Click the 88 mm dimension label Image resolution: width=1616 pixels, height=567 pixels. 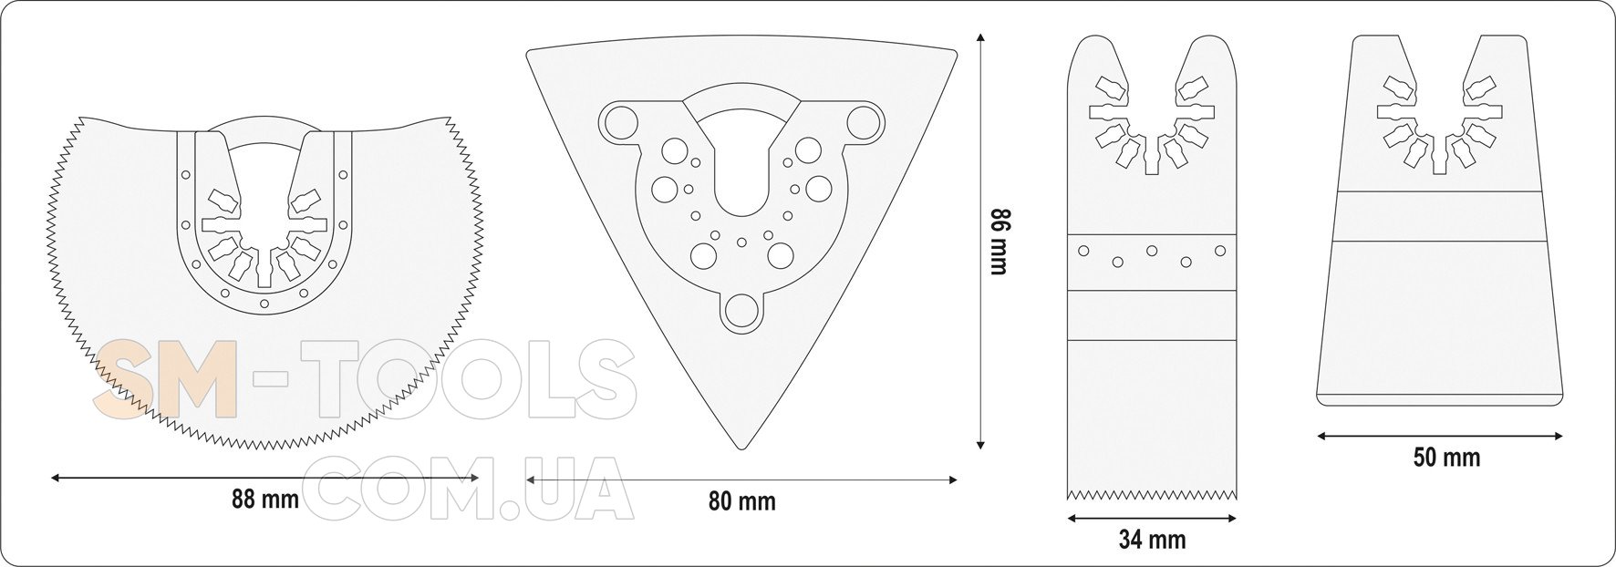click(265, 500)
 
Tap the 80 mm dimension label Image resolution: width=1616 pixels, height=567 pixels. click(742, 500)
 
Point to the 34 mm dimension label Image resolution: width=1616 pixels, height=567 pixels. click(1153, 540)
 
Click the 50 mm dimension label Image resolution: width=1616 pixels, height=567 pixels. click(1446, 457)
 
